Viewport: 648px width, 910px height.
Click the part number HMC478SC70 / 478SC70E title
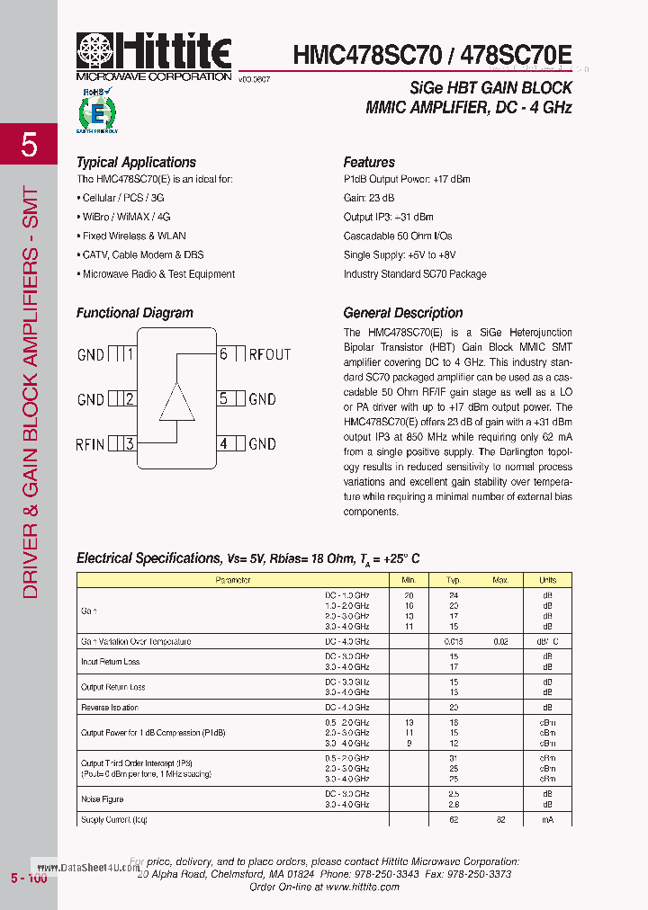click(x=432, y=56)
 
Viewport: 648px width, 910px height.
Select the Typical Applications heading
click(x=136, y=163)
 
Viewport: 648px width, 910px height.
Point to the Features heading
click(x=369, y=163)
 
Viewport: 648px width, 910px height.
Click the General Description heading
click(x=403, y=313)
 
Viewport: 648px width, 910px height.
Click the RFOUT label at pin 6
click(x=270, y=354)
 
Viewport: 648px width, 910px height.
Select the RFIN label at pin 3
click(x=90, y=443)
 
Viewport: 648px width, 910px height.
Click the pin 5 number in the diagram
click(x=223, y=398)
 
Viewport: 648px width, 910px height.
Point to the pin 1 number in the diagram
click(x=130, y=354)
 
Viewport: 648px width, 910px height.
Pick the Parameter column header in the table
click(x=232, y=581)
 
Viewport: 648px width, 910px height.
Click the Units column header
click(x=547, y=581)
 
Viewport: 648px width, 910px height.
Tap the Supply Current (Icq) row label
click(x=114, y=819)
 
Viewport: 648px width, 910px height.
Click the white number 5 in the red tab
click(x=29, y=144)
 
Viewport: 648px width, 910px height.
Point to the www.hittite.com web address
click(x=362, y=887)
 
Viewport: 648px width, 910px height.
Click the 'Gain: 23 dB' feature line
click(x=369, y=198)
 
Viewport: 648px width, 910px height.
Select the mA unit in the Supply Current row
click(x=547, y=819)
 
